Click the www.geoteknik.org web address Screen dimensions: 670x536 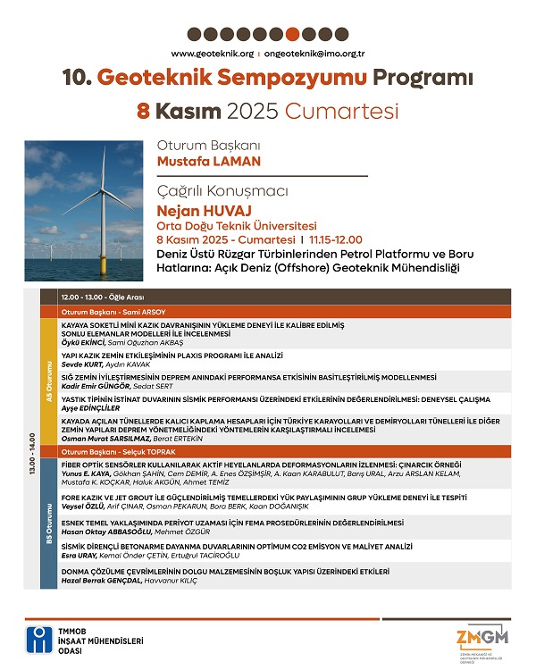tap(210, 54)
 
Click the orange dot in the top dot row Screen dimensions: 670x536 tap(291, 35)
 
